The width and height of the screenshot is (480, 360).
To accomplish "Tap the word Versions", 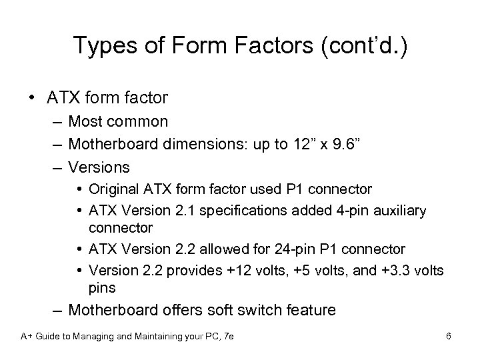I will [99, 166].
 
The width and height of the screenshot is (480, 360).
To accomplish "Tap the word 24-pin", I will [299, 249].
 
